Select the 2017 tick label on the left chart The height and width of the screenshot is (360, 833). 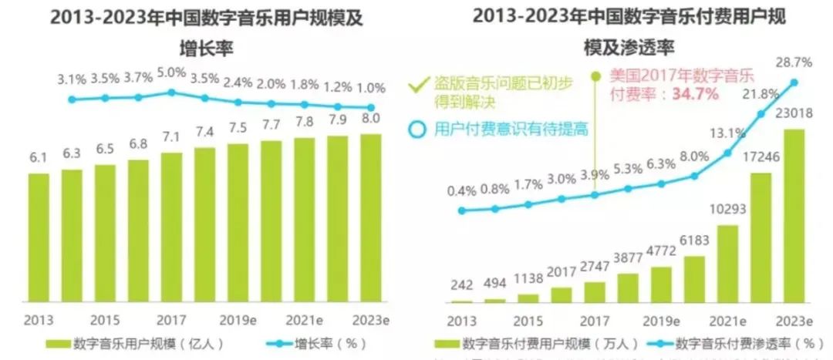tap(171, 319)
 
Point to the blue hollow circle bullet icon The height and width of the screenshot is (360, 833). tap(417, 129)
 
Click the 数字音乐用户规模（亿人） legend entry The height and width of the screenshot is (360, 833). tap(134, 342)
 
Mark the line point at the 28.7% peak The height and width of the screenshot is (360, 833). tap(794, 82)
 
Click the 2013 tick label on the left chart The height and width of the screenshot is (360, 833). tap(39, 319)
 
